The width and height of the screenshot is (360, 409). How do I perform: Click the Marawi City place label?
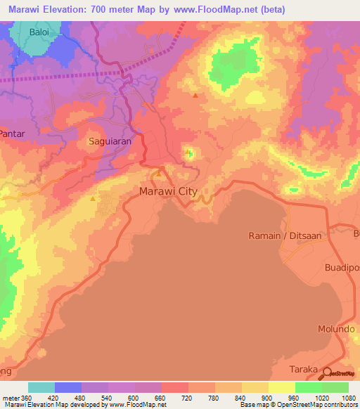tap(169, 191)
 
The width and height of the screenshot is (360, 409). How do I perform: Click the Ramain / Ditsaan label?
tap(285, 236)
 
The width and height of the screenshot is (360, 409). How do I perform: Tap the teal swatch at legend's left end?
tap(41, 387)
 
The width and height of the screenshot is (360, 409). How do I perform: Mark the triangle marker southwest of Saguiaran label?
tap(93, 199)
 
